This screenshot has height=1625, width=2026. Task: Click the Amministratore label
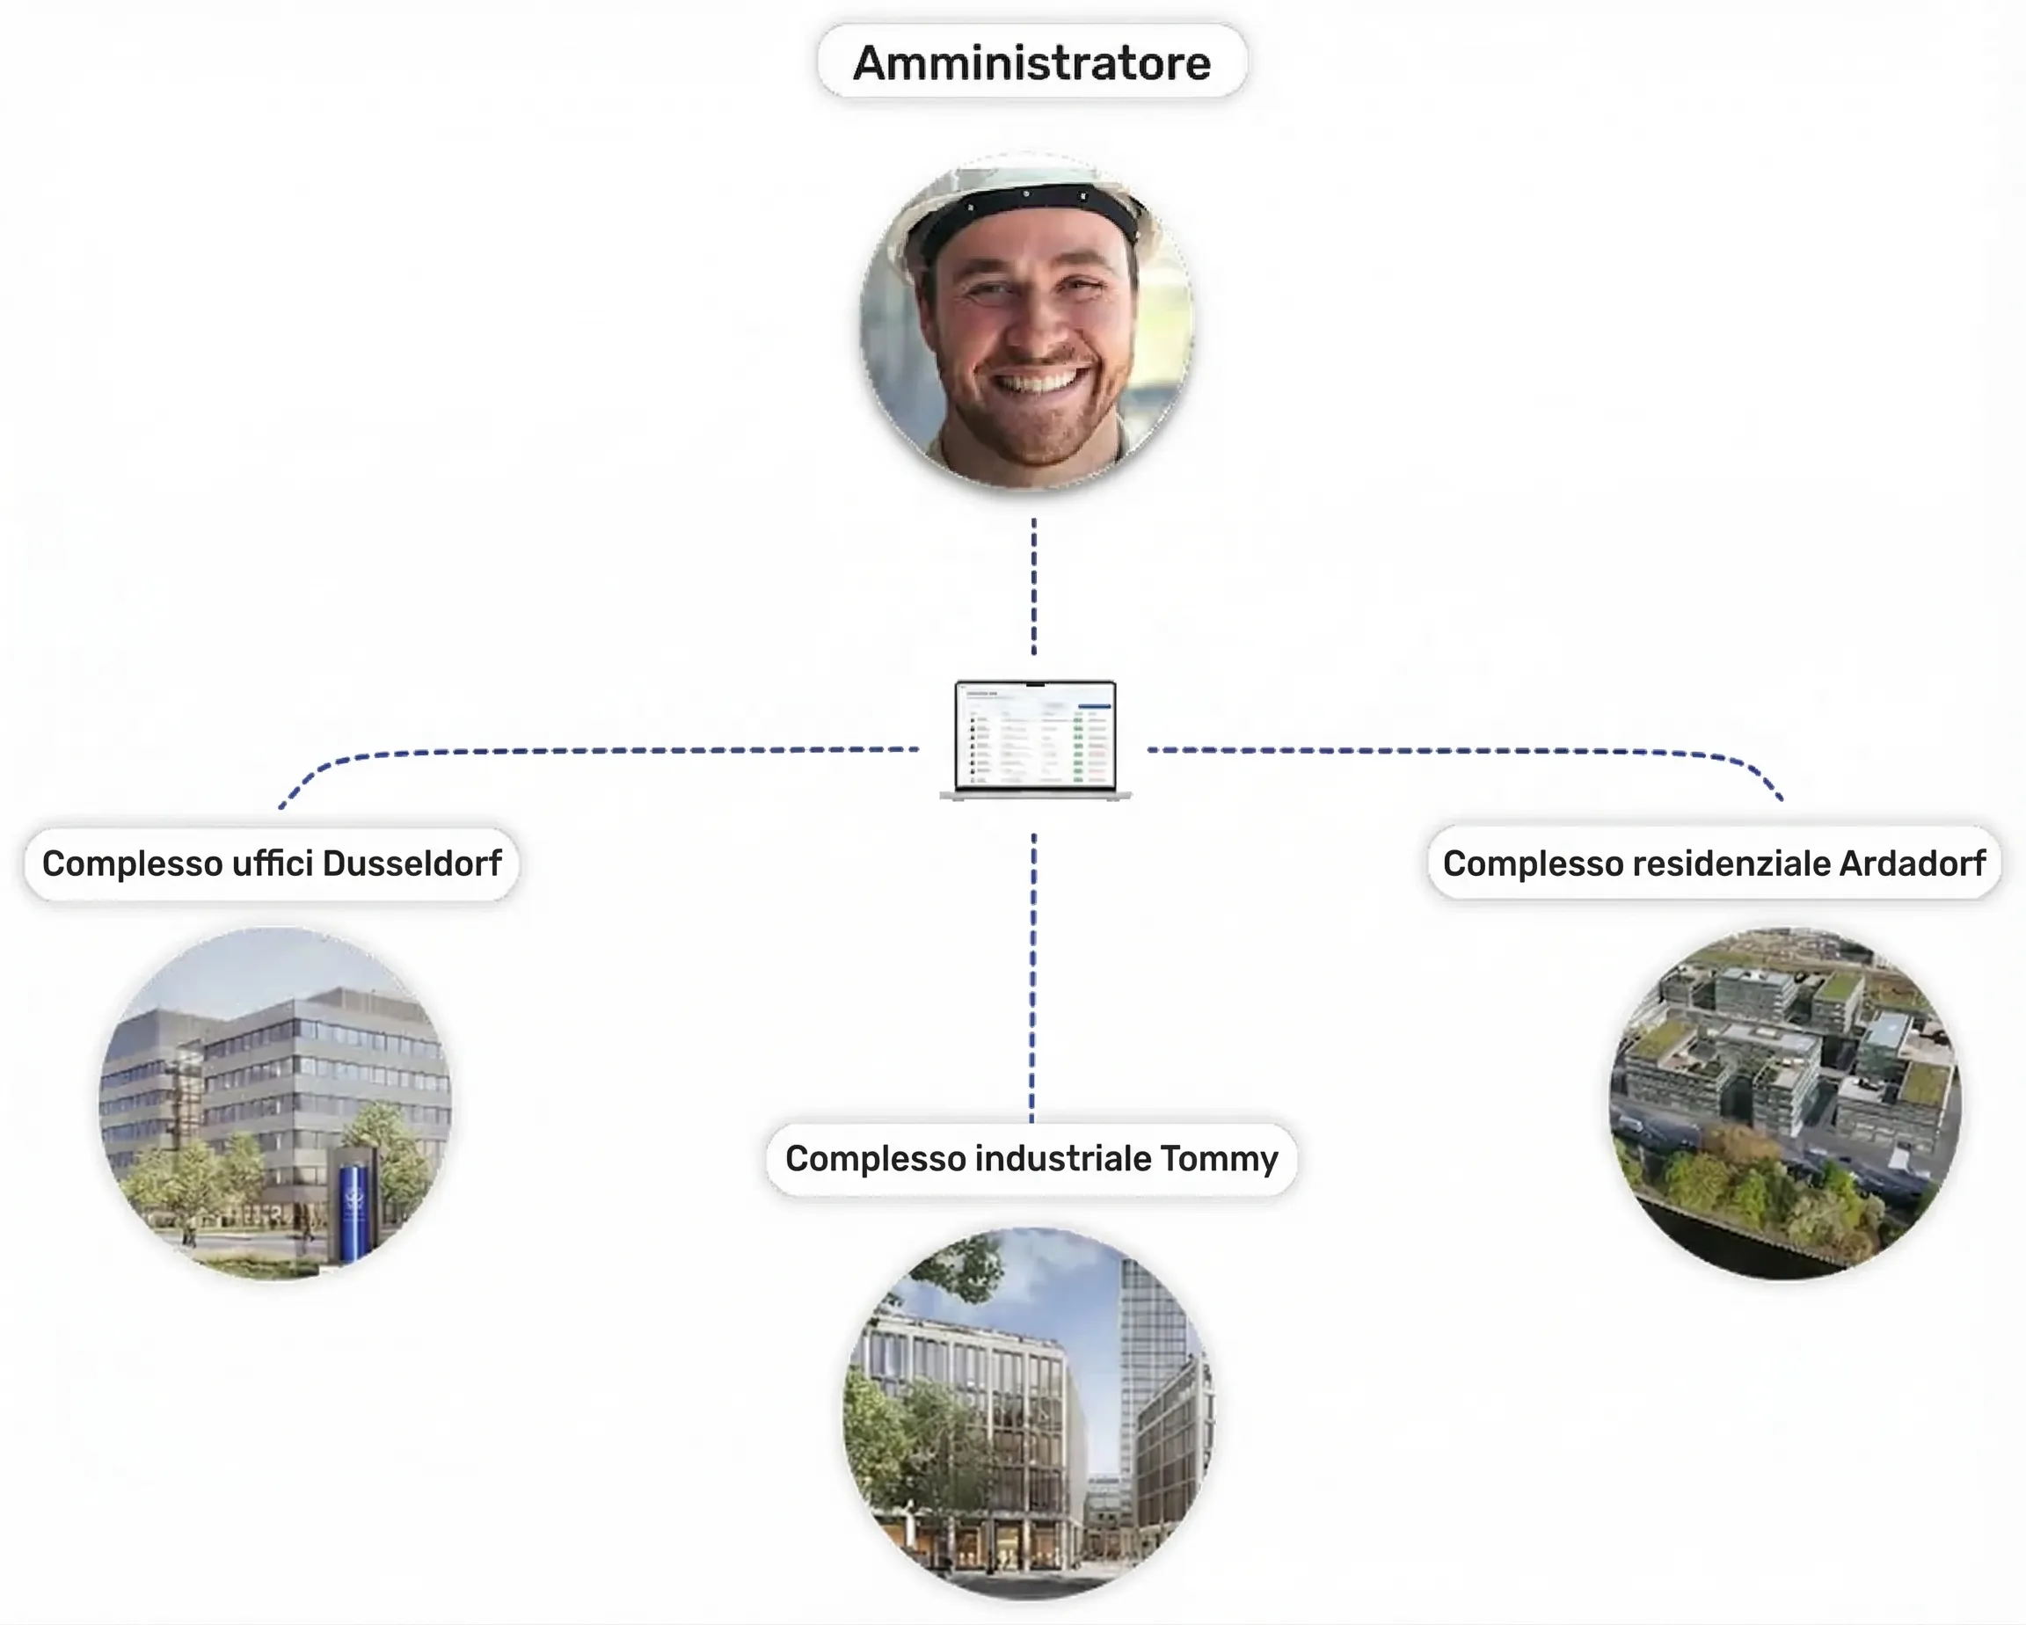pyautogui.click(x=1031, y=62)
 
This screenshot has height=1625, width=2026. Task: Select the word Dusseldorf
pyautogui.click(x=412, y=863)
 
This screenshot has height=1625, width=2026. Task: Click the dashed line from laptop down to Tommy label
pyautogui.click(x=1032, y=978)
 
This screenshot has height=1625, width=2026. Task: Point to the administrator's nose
pyautogui.click(x=1034, y=319)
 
